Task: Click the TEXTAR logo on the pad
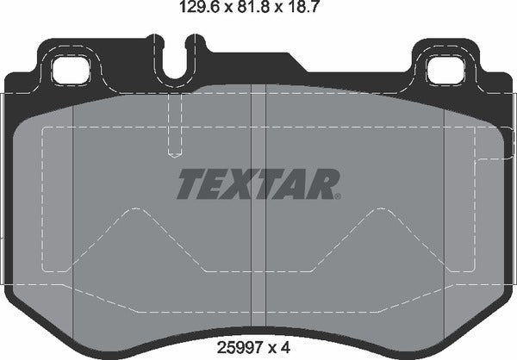tap(258, 183)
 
